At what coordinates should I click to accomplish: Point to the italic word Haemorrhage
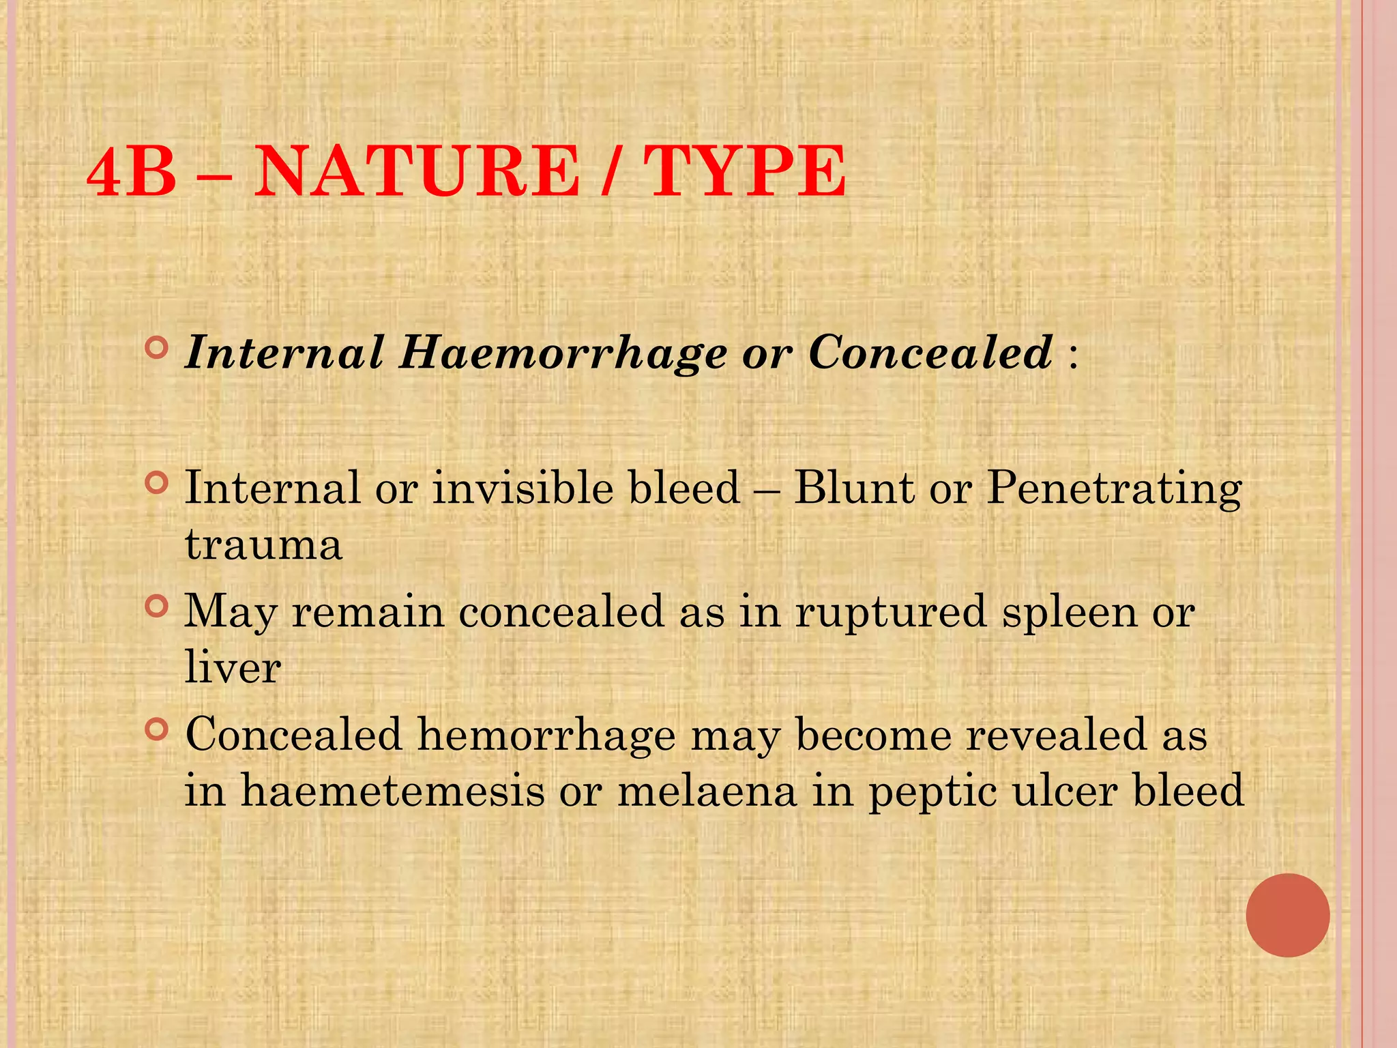563,353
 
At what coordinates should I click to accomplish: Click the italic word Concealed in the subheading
930,352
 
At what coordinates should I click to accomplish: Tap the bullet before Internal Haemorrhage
157,349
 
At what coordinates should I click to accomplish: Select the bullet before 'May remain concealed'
157,606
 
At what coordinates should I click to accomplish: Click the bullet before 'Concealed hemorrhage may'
157,730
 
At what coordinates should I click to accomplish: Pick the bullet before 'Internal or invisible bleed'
157,484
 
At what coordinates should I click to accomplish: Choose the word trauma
263,545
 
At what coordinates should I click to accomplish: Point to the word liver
233,667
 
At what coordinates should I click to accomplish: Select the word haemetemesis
393,791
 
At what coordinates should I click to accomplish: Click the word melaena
707,791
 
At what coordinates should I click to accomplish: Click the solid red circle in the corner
1287,915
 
